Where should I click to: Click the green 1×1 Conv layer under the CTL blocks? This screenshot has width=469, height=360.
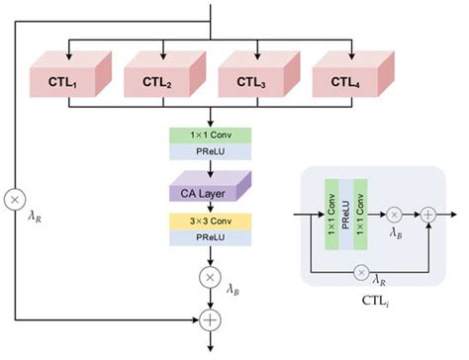pos(212,135)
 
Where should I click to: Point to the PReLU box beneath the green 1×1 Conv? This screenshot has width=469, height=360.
pos(212,151)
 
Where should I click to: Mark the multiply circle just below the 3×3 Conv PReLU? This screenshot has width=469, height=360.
pos(211,278)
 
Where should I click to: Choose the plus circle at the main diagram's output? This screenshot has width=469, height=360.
pos(211,318)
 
